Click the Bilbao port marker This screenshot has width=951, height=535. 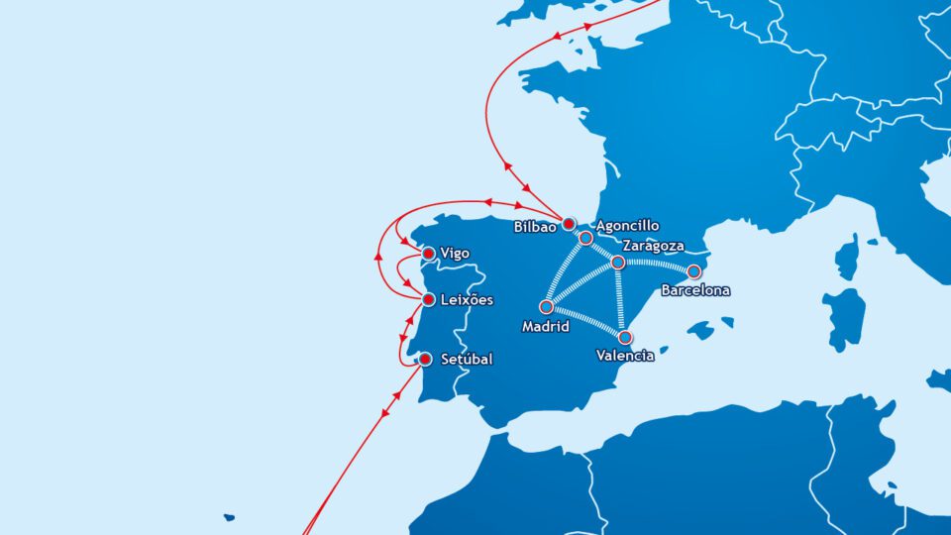click(569, 224)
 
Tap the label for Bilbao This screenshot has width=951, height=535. click(536, 227)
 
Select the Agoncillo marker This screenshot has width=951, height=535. click(585, 239)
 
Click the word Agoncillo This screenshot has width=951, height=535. click(627, 226)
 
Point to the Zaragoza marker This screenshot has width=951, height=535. click(617, 263)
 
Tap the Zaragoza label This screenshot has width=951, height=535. click(656, 245)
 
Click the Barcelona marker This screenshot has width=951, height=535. click(694, 271)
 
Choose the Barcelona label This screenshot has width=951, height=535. click(695, 291)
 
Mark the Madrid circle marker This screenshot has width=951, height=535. click(546, 307)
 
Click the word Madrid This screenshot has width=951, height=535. click(545, 326)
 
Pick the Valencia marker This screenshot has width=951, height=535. click(625, 338)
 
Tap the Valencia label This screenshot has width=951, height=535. click(625, 356)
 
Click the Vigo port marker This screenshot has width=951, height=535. click(428, 254)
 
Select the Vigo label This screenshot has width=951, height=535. click(455, 254)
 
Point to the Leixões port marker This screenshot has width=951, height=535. click(428, 299)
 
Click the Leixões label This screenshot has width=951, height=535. click(467, 299)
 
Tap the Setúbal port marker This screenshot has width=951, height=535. click(426, 359)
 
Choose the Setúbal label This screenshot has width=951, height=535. click(467, 359)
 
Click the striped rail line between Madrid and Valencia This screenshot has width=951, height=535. click(585, 323)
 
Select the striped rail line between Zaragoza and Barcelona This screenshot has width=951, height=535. click(656, 266)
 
